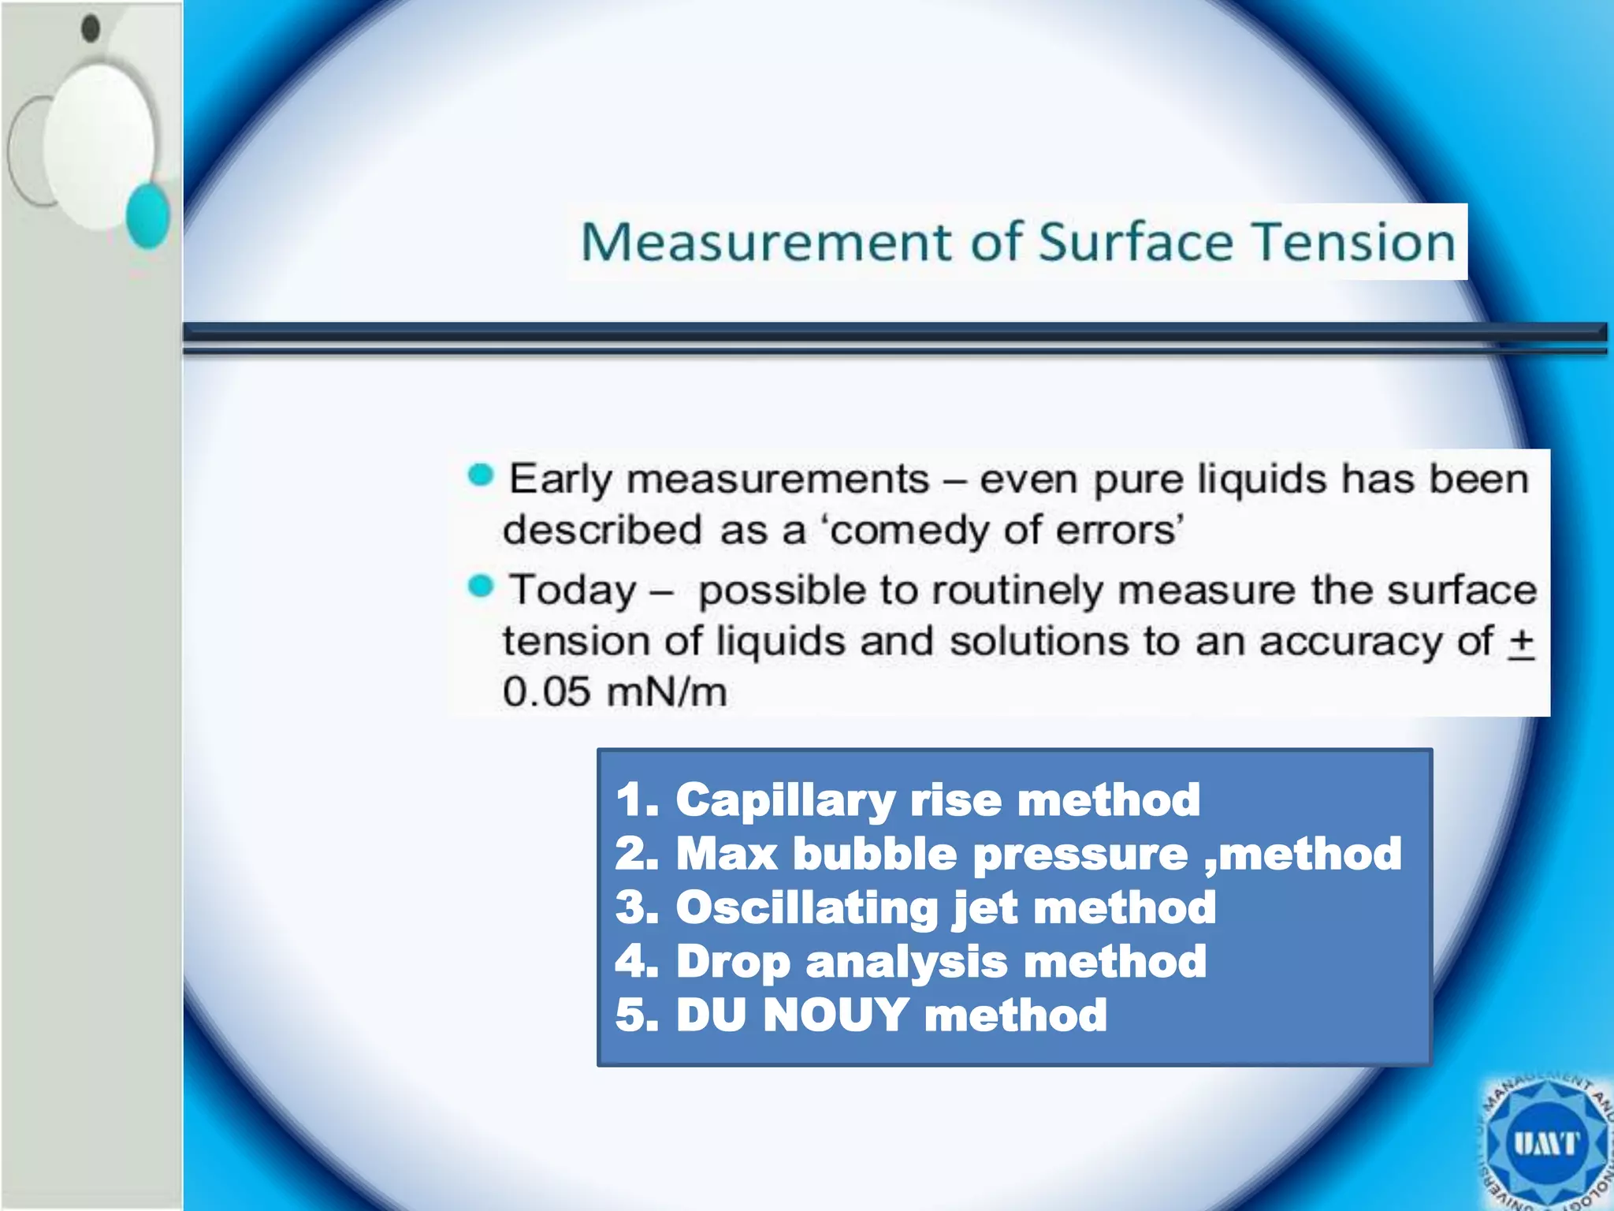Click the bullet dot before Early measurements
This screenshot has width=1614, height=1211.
click(x=480, y=475)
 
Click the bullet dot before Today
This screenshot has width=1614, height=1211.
click(x=480, y=587)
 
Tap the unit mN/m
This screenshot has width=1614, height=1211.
click(x=667, y=692)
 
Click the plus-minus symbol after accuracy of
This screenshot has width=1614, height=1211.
click(x=1521, y=642)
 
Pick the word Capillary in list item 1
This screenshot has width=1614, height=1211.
click(x=784, y=801)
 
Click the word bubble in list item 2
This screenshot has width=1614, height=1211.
click(x=874, y=854)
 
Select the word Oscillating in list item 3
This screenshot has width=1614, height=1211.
click(x=805, y=907)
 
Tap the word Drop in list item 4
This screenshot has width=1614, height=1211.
click(x=732, y=963)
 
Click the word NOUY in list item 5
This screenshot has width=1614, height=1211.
click(x=835, y=1015)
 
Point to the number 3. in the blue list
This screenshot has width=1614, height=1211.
click(x=637, y=907)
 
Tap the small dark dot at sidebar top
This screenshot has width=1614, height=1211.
click(x=91, y=28)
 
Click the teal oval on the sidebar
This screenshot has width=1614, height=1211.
click(x=148, y=216)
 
